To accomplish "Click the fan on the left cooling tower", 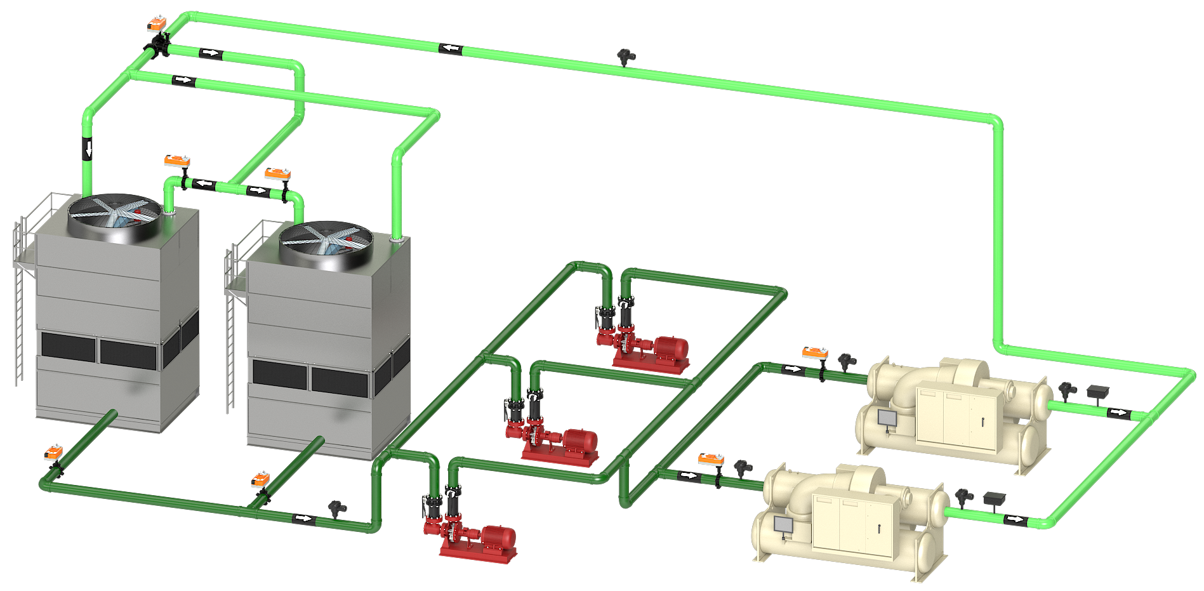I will pos(115,215).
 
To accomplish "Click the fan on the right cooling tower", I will pos(326,242).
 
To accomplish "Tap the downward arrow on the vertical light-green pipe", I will pos(88,149).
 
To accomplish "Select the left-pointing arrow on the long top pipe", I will pos(451,48).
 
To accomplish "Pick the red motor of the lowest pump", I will pos(499,537).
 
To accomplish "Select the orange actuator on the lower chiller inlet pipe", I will pos(711,458).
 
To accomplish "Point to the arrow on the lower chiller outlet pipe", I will pos(1014,519).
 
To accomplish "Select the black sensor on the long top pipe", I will pos(626,56).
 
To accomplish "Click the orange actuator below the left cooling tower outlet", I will pos(53,453).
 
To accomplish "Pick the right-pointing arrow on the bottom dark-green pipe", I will pos(303,518).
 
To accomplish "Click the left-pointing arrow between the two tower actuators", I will pos(204,184).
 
